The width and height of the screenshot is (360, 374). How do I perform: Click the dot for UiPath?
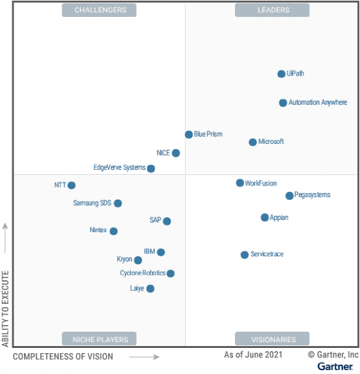[x=281, y=74]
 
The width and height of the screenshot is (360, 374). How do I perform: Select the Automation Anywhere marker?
[x=283, y=103]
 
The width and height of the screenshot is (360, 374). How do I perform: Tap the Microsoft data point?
[x=253, y=142]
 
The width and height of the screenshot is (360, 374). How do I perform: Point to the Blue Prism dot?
[x=189, y=135]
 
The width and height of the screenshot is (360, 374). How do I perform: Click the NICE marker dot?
[x=176, y=154]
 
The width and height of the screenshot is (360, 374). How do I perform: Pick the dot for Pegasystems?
[x=290, y=196]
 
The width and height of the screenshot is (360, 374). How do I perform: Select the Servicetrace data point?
[x=245, y=255]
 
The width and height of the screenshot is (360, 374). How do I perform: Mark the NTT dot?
[x=72, y=185]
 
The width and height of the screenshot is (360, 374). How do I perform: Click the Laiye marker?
[x=150, y=289]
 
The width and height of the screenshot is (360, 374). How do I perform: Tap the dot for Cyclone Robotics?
[x=171, y=274]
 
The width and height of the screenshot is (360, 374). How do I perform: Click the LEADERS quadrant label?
[x=272, y=10]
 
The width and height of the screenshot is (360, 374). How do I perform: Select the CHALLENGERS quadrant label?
[x=99, y=10]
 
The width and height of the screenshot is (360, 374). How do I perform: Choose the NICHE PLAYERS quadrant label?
[x=99, y=339]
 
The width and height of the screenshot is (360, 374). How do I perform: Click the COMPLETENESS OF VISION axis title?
[x=63, y=356]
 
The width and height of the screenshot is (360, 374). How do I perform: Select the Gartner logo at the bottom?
[x=335, y=367]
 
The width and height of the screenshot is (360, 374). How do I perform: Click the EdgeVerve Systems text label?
[x=120, y=168]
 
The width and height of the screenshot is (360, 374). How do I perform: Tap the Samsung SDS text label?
[x=92, y=203]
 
